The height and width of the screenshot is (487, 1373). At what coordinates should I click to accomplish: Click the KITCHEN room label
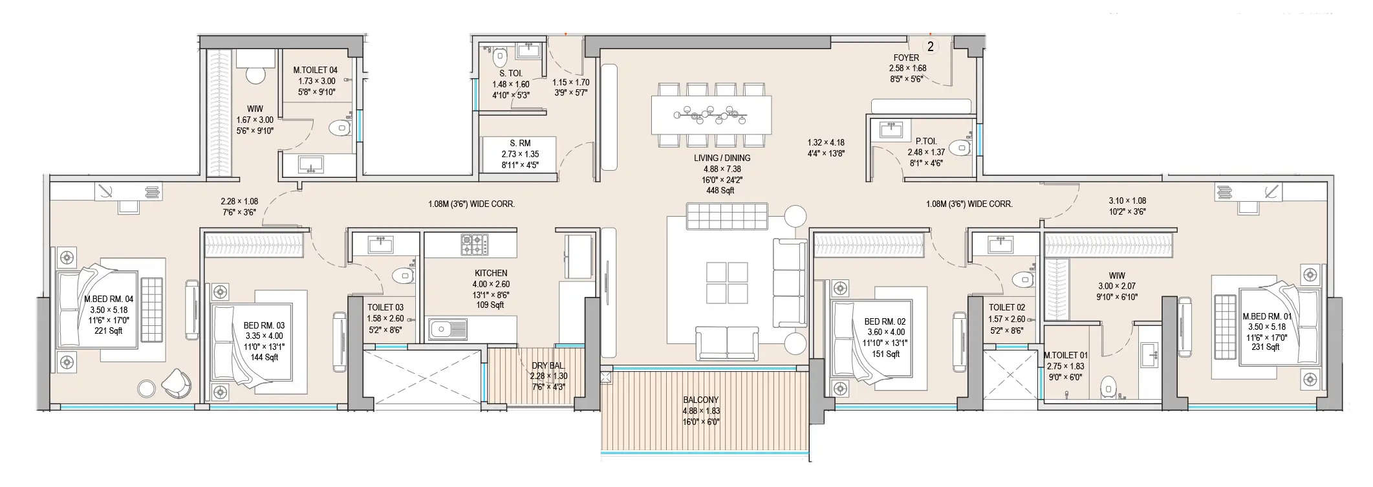click(x=490, y=273)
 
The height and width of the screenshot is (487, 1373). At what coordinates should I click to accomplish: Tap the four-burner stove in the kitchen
click(x=473, y=244)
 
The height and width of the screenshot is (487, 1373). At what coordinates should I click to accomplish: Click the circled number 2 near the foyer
click(x=930, y=47)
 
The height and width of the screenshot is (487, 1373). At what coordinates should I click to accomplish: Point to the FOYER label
click(x=906, y=58)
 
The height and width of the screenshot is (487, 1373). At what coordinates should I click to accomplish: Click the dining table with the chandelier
click(x=711, y=116)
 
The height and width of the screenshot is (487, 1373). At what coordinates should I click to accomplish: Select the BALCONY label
click(x=700, y=400)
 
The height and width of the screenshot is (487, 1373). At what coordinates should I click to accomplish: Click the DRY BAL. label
click(x=548, y=365)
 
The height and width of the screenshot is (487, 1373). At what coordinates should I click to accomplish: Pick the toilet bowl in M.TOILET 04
click(x=339, y=127)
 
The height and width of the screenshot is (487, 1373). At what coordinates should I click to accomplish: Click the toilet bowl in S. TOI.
click(x=499, y=59)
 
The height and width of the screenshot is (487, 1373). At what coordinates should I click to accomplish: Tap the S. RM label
click(x=520, y=143)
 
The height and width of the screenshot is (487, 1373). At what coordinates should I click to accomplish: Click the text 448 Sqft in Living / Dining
click(x=720, y=190)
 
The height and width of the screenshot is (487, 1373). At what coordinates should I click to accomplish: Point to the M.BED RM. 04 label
click(x=109, y=299)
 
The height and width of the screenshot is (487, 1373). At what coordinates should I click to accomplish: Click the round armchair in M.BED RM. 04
click(x=176, y=383)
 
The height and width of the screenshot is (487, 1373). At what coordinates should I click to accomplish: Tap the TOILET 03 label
click(x=385, y=307)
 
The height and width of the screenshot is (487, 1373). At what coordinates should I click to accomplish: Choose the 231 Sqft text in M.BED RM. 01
click(x=1266, y=347)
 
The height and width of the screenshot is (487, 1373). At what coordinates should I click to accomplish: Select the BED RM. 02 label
click(x=885, y=321)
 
